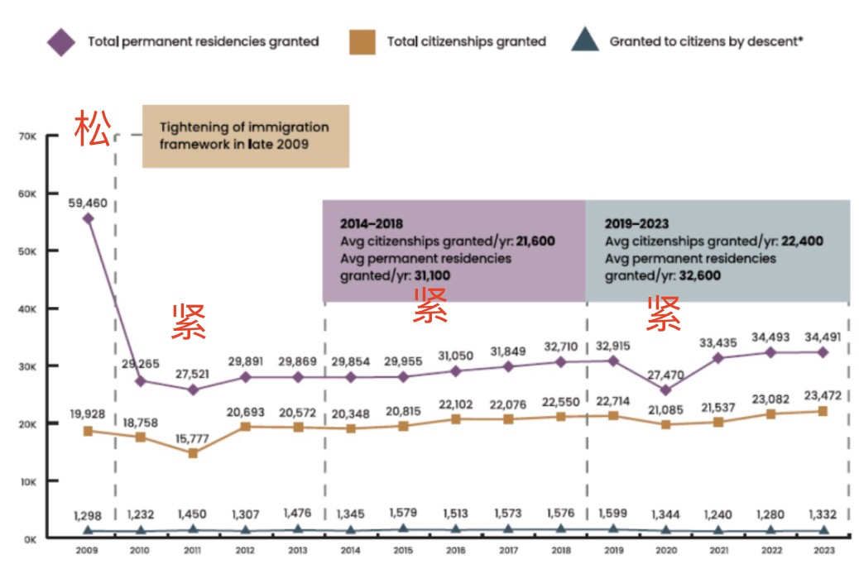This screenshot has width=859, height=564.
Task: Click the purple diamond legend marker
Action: [60, 41]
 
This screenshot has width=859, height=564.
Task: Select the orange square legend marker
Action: [362, 41]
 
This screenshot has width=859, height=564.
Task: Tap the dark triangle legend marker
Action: [585, 41]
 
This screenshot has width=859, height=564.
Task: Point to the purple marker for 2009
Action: [88, 218]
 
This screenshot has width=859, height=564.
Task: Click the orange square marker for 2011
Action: [193, 453]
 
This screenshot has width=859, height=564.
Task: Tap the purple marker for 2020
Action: [666, 390]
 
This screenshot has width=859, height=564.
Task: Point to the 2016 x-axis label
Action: [456, 550]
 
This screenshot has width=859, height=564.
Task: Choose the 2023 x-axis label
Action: [823, 550]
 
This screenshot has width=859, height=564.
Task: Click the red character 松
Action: [92, 129]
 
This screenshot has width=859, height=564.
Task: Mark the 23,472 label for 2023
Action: [823, 394]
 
